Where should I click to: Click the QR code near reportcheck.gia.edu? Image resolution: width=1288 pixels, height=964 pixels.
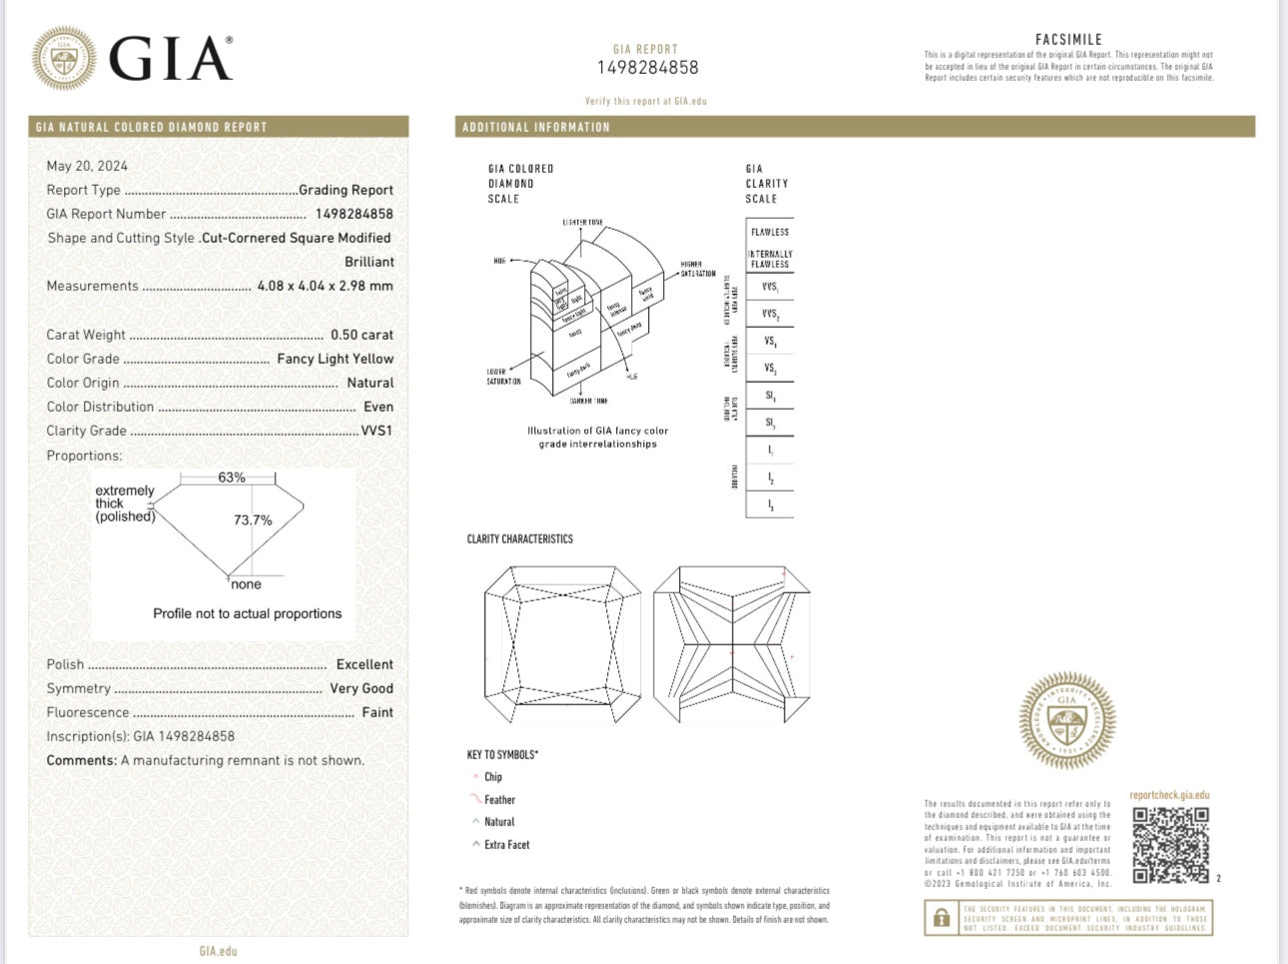pyautogui.click(x=1170, y=844)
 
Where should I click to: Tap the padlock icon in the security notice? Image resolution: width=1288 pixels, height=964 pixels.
pyautogui.click(x=941, y=918)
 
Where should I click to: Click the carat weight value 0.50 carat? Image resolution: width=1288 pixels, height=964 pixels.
pyautogui.click(x=361, y=335)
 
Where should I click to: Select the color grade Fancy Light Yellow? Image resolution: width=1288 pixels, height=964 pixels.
pyautogui.click(x=334, y=359)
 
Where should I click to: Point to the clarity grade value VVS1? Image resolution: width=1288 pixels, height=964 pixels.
pyautogui.click(x=376, y=431)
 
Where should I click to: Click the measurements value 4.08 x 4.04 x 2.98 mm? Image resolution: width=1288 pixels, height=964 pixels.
pyautogui.click(x=324, y=286)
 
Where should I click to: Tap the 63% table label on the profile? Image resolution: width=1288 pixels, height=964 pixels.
pyautogui.click(x=232, y=478)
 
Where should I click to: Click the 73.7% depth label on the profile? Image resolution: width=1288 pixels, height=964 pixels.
pyautogui.click(x=253, y=520)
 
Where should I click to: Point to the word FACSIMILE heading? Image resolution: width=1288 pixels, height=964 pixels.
pyautogui.click(x=1068, y=40)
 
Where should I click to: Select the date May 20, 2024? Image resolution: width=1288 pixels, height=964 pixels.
pyautogui.click(x=87, y=166)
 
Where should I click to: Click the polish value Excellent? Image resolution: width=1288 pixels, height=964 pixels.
pyautogui.click(x=364, y=664)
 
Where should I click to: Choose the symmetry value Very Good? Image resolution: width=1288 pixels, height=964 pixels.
pyautogui.click(x=361, y=688)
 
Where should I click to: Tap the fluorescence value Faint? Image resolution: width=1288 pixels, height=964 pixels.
pyautogui.click(x=377, y=712)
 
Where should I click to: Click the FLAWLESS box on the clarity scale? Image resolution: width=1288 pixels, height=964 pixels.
pyautogui.click(x=770, y=232)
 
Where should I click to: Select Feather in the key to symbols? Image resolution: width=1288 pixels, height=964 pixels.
pyautogui.click(x=499, y=800)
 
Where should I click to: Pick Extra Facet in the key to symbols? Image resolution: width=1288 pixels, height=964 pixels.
pyautogui.click(x=506, y=845)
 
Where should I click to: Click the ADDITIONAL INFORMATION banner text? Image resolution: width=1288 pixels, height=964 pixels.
pyautogui.click(x=536, y=127)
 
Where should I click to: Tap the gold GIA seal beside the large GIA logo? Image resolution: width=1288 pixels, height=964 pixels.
pyautogui.click(x=64, y=58)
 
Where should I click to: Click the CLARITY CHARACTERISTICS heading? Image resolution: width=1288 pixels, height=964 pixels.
pyautogui.click(x=520, y=539)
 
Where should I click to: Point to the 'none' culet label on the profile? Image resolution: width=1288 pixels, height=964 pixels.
pyautogui.click(x=246, y=585)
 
